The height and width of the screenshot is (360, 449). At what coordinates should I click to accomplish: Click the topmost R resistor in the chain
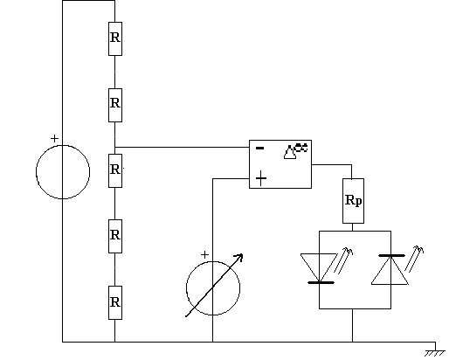coord(115,38)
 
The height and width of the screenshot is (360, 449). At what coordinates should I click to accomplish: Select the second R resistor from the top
coord(115,105)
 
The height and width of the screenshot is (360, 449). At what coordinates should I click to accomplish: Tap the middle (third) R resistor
coord(115,170)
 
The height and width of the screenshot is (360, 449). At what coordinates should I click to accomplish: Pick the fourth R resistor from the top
coord(115,236)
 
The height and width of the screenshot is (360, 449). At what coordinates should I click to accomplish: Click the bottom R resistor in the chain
coord(115,302)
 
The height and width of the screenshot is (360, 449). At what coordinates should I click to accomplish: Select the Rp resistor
coord(353,201)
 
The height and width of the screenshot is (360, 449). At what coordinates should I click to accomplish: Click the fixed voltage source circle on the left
coord(36,172)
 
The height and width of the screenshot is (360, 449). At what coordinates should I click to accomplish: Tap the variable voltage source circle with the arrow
coord(186,288)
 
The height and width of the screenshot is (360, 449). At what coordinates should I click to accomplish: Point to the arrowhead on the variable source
coord(239,257)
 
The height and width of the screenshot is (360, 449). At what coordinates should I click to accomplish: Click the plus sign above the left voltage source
coord(54,138)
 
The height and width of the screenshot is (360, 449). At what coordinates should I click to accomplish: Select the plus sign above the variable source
coord(204,255)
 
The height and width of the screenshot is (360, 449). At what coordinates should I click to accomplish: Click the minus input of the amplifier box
coord(259,149)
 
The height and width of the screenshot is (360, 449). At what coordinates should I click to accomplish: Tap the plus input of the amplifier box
coord(261,178)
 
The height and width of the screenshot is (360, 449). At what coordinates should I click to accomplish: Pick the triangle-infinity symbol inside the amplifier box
coord(295,151)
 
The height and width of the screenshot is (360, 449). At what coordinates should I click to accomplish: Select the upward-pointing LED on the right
coord(390,269)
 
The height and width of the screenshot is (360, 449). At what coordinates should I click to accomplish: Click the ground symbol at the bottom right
coord(435,353)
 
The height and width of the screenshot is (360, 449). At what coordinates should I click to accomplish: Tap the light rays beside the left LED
coord(343,260)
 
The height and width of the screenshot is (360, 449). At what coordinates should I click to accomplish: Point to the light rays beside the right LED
coord(414,259)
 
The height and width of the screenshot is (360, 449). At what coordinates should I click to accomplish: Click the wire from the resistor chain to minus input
coord(182,147)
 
